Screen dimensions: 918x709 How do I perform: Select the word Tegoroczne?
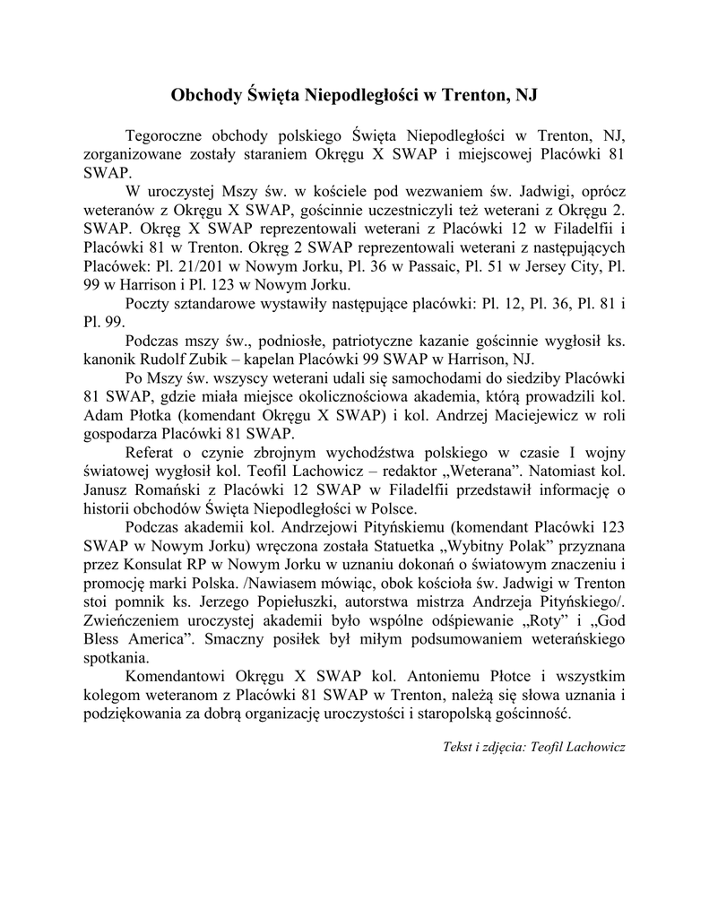[x=169, y=135]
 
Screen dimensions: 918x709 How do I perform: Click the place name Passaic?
[x=401, y=267]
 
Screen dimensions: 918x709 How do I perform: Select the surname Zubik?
[x=225, y=360]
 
